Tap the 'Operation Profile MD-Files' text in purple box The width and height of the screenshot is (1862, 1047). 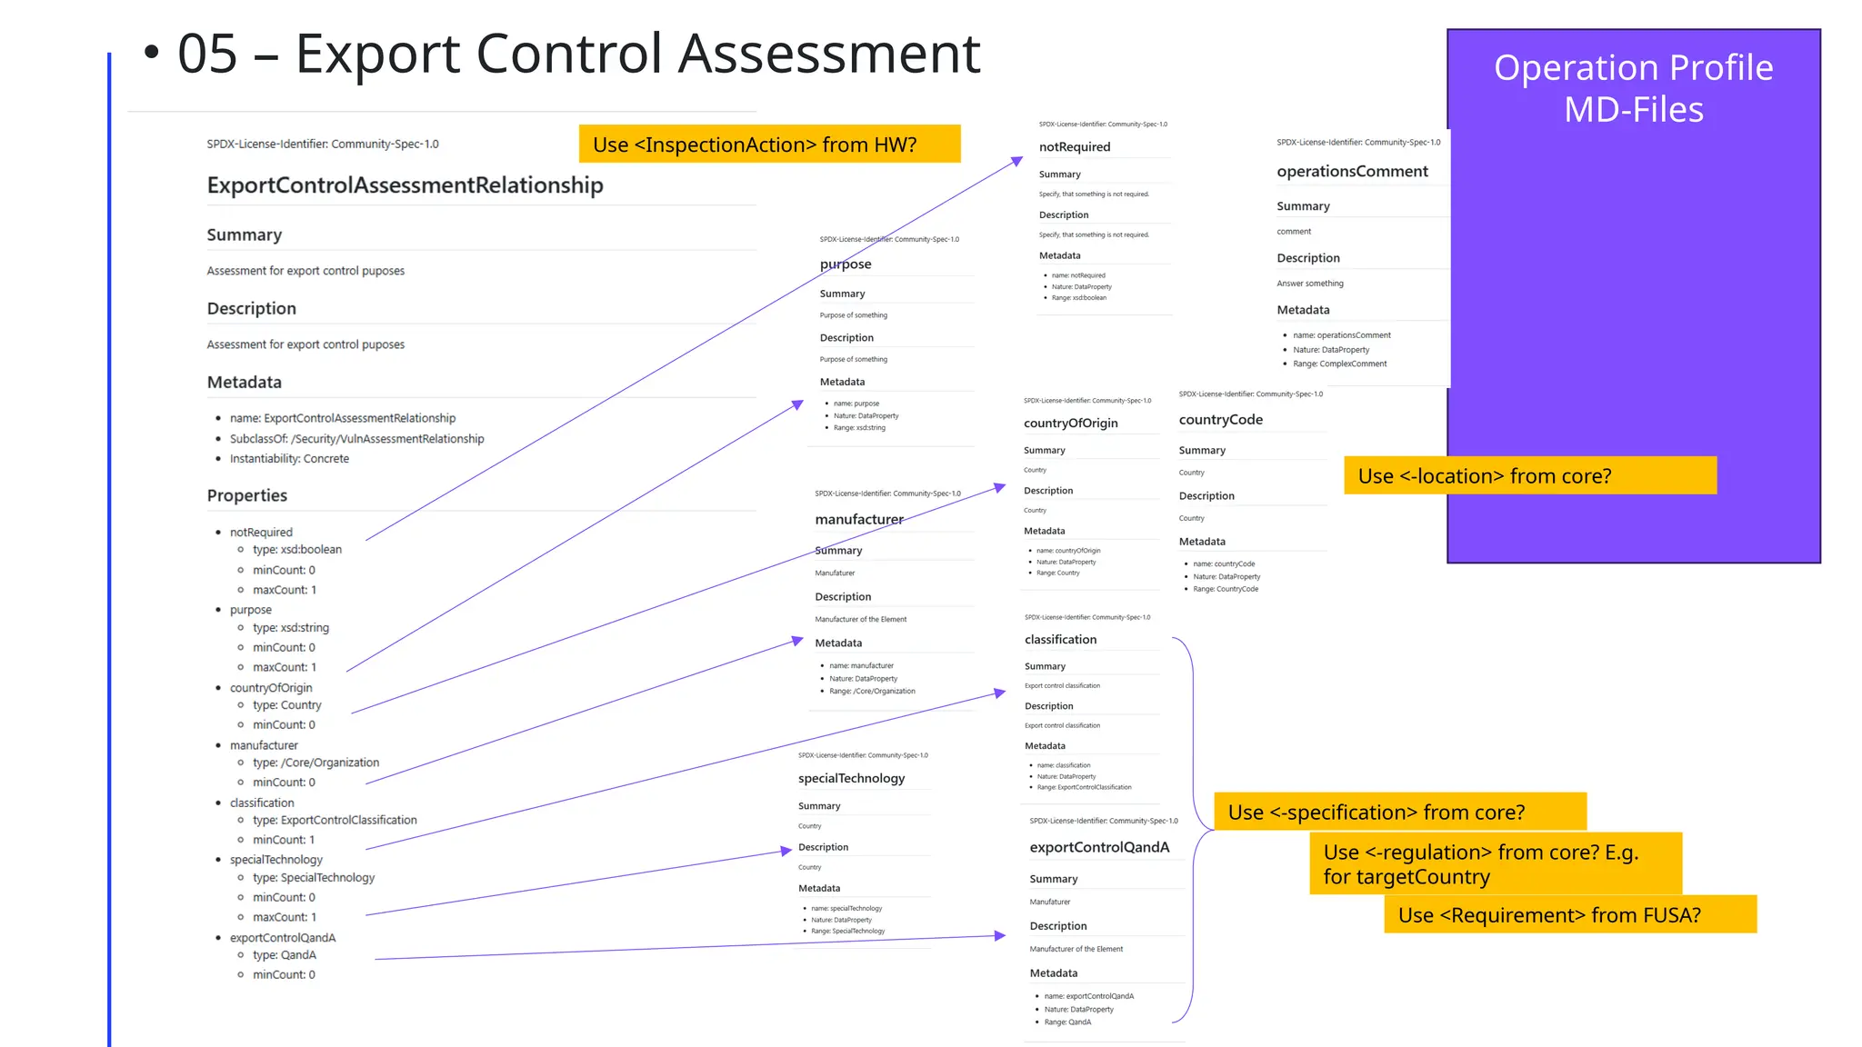1633,88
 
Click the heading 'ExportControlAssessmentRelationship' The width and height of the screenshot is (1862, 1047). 405,185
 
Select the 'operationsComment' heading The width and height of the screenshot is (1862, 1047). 1352,172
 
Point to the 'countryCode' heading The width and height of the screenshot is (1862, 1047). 1220,420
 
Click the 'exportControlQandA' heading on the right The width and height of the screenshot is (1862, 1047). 1099,847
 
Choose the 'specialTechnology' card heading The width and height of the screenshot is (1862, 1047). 851,779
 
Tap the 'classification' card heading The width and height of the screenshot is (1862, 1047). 1060,640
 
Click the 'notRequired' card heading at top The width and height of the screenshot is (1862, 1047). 1075,147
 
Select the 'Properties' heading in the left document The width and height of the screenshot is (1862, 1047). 246,495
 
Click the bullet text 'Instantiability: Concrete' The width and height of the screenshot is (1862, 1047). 289,459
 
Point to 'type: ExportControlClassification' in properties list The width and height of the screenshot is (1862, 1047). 335,820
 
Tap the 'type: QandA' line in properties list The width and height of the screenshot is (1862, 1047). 285,955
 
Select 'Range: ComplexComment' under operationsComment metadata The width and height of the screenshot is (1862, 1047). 1340,364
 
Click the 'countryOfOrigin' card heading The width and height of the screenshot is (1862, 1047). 1070,424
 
